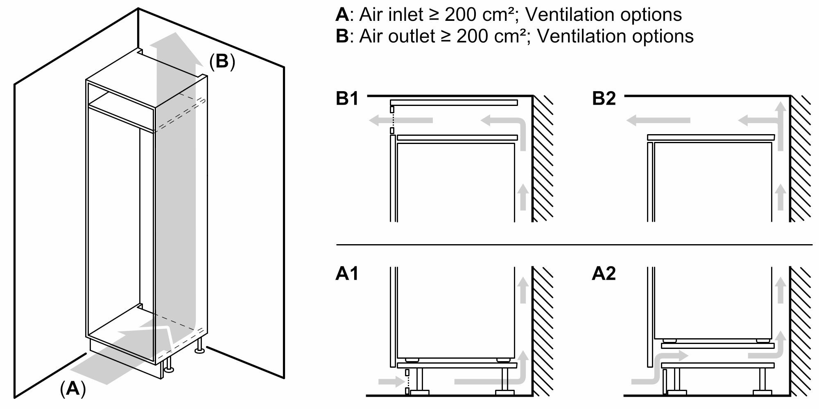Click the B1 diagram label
point(347,99)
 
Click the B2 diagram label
point(604,99)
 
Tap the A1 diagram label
point(346,274)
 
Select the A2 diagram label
point(604,274)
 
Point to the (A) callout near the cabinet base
point(73,388)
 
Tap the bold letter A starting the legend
point(342,15)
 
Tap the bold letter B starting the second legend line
point(342,36)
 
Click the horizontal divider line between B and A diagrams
point(573,245)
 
